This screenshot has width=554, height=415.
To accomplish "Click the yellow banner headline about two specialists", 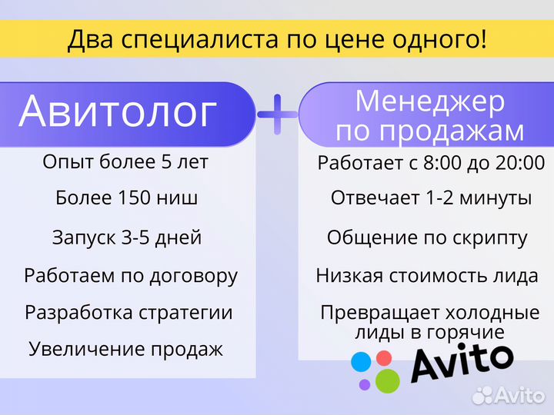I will (277, 39).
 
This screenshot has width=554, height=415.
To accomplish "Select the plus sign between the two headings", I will (277, 115).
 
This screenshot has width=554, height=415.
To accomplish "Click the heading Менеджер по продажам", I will (430, 115).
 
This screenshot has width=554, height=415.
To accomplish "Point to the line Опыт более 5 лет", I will (125, 162).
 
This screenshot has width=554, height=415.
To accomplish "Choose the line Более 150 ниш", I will (127, 198).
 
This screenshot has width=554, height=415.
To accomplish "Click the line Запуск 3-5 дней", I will (127, 237).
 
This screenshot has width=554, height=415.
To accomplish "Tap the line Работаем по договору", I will (131, 275).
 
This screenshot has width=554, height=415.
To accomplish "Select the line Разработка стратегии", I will (128, 313).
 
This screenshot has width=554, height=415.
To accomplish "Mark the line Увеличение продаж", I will (125, 349).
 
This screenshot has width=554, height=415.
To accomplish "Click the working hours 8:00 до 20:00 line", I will (431, 163).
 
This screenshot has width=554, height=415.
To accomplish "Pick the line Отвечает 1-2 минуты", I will (431, 198).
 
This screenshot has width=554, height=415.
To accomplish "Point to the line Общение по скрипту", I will (427, 237).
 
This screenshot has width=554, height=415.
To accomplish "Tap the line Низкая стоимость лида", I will (434, 275).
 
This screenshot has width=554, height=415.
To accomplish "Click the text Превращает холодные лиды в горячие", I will (429, 323).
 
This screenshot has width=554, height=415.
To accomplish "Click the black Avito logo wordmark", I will (462, 363).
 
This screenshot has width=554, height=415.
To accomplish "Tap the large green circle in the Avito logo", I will (387, 380).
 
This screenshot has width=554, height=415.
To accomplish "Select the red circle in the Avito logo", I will (382, 357).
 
